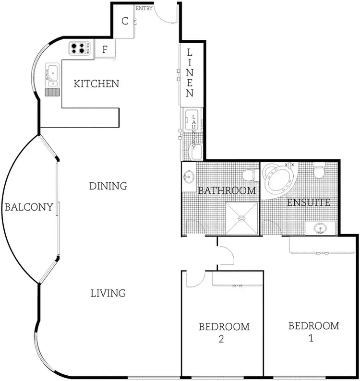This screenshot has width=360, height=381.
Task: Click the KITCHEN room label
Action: click(x=96, y=84)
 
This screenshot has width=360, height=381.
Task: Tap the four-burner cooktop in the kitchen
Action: click(x=79, y=48)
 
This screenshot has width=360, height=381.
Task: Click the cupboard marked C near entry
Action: click(x=124, y=21)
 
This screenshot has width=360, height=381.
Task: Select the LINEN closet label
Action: click(x=190, y=72)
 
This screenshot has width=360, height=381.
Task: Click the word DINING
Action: click(x=108, y=186)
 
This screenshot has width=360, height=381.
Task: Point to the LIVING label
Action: click(x=108, y=293)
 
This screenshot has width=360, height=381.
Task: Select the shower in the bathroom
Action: click(x=242, y=218)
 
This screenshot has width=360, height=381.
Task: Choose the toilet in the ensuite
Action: click(x=319, y=170)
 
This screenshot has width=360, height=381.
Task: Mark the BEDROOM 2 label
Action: click(x=224, y=333)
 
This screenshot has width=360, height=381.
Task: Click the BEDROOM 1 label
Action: click(x=313, y=331)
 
